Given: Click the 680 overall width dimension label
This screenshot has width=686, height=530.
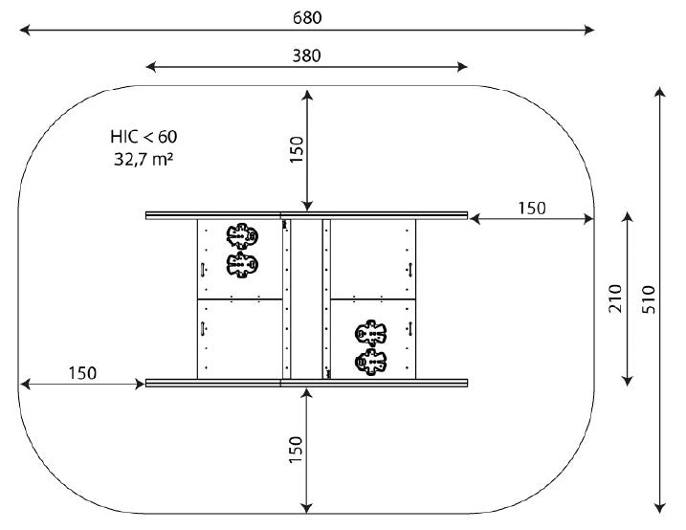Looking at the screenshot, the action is point(307,17).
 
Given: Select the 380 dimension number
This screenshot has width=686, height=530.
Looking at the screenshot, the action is point(306,56).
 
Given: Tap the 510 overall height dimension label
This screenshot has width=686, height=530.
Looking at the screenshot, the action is point(650,299).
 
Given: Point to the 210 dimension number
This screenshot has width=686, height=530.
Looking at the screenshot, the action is point(615,298).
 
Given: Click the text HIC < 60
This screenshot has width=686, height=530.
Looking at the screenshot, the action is point(144,137).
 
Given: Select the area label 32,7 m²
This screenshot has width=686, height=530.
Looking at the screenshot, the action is point(144,159).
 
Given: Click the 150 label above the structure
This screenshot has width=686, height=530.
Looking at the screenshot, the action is point(297,149).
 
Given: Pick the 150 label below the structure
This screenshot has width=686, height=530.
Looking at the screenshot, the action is point(296,450).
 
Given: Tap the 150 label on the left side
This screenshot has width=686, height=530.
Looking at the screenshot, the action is point(82,373).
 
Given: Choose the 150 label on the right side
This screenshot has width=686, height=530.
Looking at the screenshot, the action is point(532,209).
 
